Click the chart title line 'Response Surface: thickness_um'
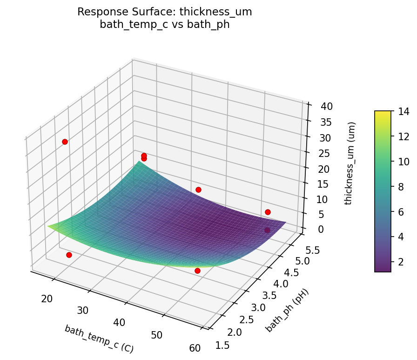point(165,12)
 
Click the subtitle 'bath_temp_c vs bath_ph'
point(165,24)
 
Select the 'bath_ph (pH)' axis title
point(287,310)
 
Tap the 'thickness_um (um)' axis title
point(352,163)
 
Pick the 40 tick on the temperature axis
point(119,322)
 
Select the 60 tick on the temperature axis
point(195,347)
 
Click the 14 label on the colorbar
point(403,111)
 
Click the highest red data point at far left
point(65,142)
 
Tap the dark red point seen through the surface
point(268,230)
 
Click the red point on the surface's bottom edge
point(197,271)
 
